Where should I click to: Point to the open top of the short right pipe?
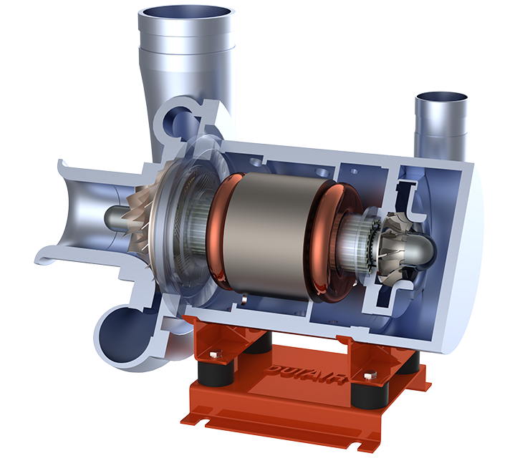pyautogui.click(x=440, y=97)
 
